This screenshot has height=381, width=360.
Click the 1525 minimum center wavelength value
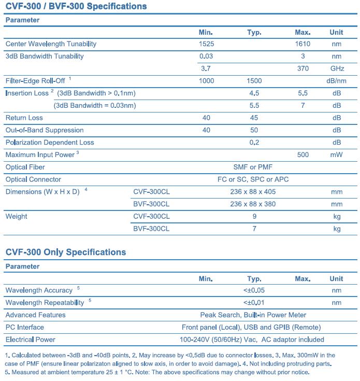(206, 44)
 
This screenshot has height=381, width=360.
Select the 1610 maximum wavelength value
(303, 44)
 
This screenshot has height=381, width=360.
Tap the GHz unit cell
(337, 68)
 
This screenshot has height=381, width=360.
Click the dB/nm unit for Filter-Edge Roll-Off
(337, 81)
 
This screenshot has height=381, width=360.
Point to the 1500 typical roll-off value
(254, 81)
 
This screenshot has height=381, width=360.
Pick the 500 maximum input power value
(303, 154)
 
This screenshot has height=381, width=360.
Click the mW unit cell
(337, 154)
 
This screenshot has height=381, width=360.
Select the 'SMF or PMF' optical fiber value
(253, 167)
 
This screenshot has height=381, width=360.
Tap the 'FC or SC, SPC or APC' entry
(253, 179)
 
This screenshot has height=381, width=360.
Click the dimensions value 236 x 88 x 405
(253, 192)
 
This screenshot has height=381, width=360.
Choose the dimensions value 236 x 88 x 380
(253, 204)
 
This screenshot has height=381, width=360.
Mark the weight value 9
(254, 216)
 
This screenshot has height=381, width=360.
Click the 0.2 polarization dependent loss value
(254, 143)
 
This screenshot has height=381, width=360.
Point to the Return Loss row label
(24, 118)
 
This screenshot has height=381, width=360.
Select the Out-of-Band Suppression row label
(44, 130)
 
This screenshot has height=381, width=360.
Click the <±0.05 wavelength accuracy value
(254, 290)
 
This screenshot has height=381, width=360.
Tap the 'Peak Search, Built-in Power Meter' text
(253, 315)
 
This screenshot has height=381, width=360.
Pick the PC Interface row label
(24, 327)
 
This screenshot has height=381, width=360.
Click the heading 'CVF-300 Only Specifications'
(66, 252)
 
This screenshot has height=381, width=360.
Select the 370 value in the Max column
(303, 68)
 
